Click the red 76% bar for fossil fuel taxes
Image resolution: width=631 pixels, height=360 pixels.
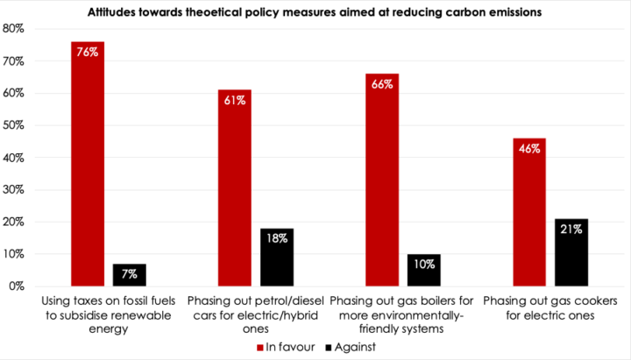[88, 166]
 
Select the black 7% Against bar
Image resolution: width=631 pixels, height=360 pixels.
[130, 275]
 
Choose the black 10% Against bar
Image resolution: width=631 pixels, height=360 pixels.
[424, 271]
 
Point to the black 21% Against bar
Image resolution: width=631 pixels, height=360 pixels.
[571, 252]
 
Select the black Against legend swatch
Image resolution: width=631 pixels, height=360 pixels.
[329, 346]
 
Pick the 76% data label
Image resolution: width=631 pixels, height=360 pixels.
[88, 52]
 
